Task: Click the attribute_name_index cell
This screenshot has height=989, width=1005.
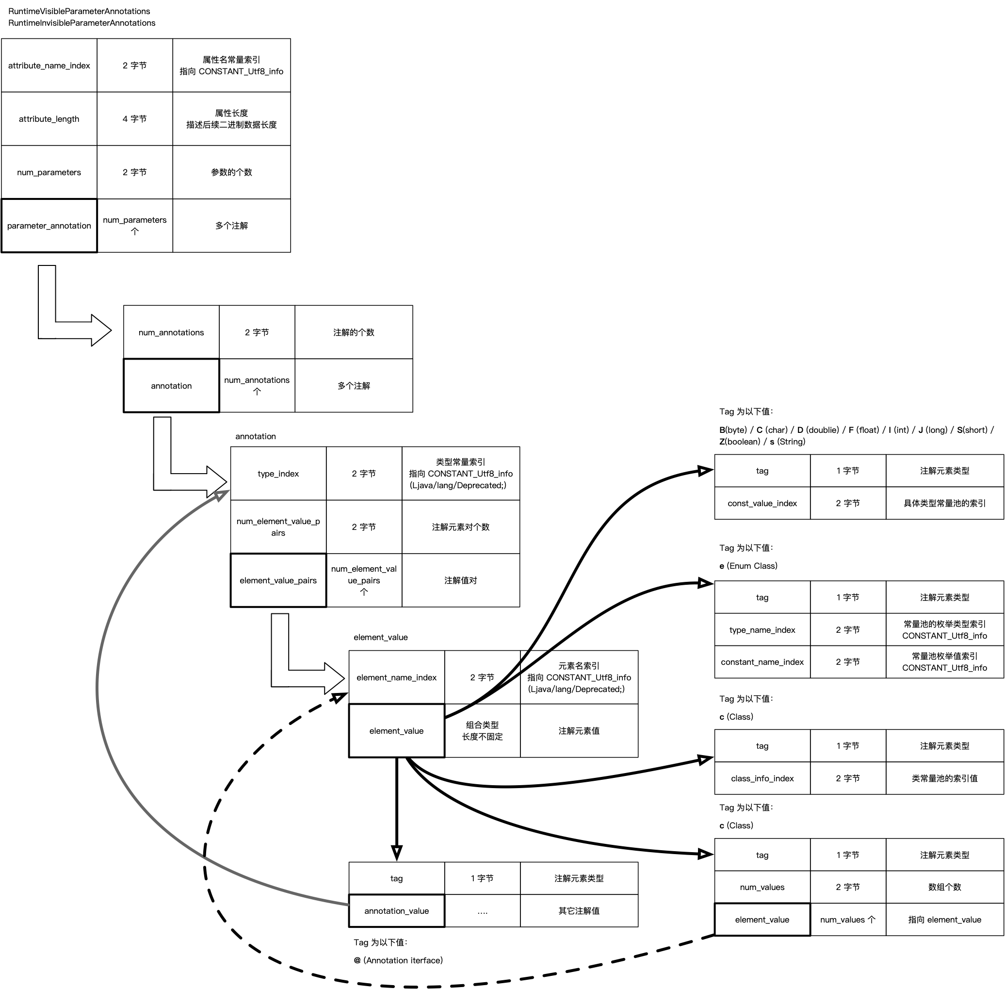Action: pyautogui.click(x=49, y=66)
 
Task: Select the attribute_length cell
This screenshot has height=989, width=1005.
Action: pyautogui.click(x=49, y=119)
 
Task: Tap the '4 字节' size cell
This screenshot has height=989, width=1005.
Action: pyautogui.click(x=134, y=119)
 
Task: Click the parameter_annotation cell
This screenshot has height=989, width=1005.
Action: pyautogui.click(x=49, y=226)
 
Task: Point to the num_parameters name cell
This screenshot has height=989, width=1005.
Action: pyautogui.click(x=49, y=172)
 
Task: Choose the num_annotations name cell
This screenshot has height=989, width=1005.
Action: pyautogui.click(x=171, y=332)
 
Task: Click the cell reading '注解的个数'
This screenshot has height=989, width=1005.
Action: pyautogui.click(x=354, y=332)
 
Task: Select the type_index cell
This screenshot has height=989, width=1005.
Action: pyautogui.click(x=278, y=474)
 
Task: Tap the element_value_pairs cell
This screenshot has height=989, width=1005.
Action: pyautogui.click(x=278, y=580)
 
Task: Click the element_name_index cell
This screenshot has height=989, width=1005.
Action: pyautogui.click(x=397, y=677)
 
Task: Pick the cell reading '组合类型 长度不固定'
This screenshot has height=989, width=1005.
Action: pyautogui.click(x=482, y=731)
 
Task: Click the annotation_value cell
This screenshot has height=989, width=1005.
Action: pyautogui.click(x=397, y=910)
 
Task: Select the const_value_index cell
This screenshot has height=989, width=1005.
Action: pyautogui.click(x=762, y=503)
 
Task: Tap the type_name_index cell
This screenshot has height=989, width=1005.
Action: pyautogui.click(x=762, y=630)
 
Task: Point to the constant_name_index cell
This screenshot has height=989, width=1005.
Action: pyautogui.click(x=762, y=662)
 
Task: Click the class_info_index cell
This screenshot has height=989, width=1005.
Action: pyautogui.click(x=762, y=778)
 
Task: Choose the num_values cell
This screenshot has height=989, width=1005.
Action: pyautogui.click(x=762, y=887)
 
